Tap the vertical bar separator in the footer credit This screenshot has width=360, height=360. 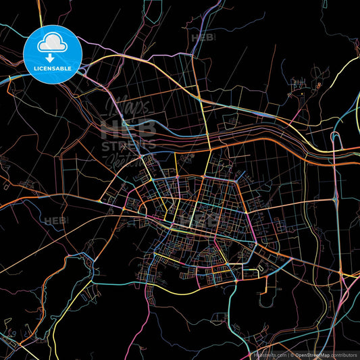pyautogui.click(x=287, y=354)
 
